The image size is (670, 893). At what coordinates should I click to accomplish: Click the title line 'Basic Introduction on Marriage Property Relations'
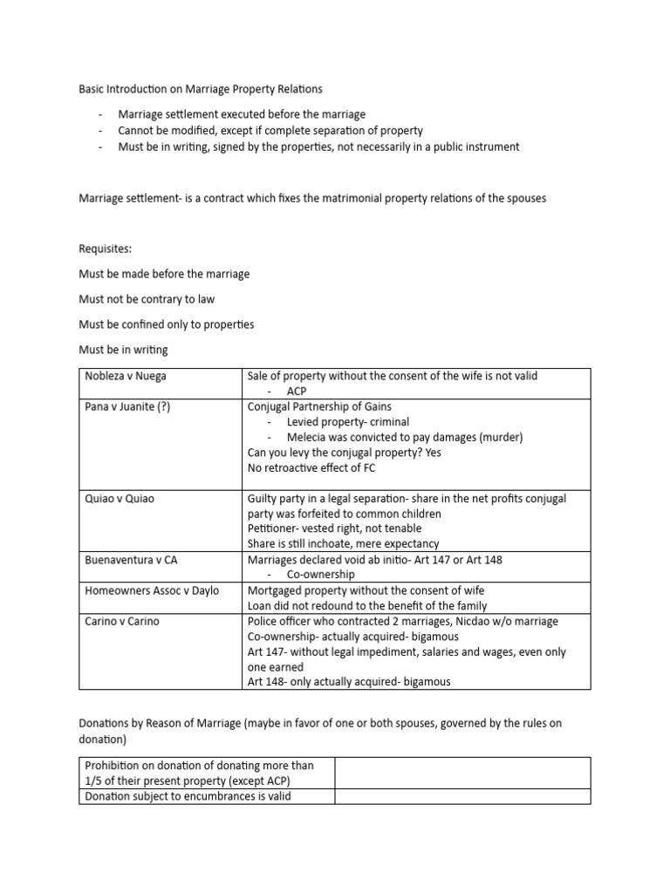click(x=200, y=89)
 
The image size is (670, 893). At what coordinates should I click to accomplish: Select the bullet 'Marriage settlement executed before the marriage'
click(x=243, y=114)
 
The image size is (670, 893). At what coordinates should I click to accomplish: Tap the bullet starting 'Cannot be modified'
click(x=270, y=131)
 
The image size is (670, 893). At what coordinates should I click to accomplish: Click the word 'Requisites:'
click(x=105, y=249)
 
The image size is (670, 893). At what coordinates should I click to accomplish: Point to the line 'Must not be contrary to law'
click(x=147, y=299)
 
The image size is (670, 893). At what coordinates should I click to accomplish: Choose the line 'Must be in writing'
click(x=123, y=350)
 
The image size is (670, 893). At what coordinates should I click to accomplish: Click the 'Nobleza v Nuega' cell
click(x=126, y=376)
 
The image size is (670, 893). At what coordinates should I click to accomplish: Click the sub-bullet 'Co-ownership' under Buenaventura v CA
click(x=321, y=575)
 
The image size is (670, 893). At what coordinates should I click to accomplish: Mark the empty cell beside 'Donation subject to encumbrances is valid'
click(x=462, y=795)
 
